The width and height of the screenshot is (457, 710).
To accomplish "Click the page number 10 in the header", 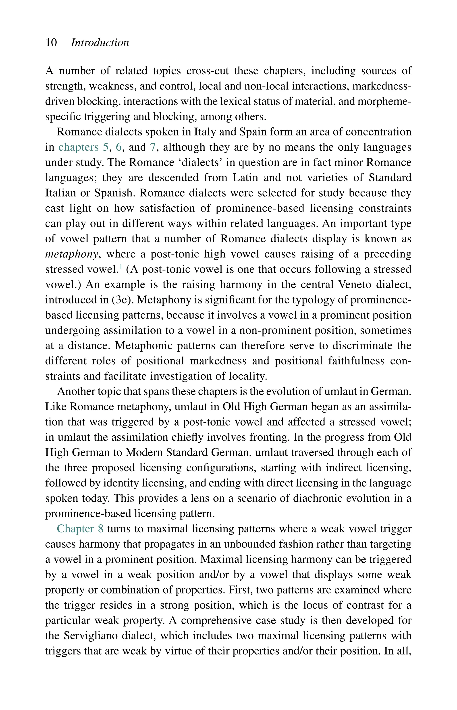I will click(51, 43).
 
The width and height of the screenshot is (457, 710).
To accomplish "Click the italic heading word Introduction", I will click(100, 43).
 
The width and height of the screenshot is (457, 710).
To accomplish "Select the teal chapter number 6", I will click(119, 147).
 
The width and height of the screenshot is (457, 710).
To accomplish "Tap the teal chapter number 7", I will click(153, 147).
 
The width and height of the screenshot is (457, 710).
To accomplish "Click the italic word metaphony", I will click(71, 255).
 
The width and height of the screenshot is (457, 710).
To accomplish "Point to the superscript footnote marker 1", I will click(120, 267).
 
